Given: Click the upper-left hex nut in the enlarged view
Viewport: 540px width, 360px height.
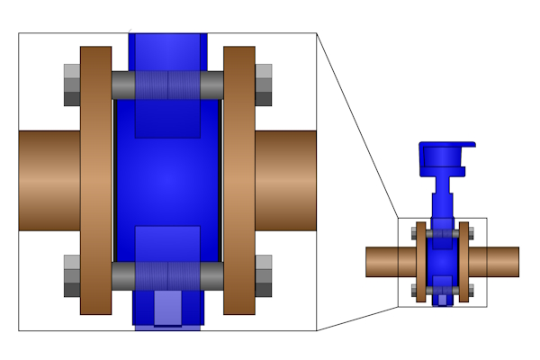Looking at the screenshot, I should (72, 85).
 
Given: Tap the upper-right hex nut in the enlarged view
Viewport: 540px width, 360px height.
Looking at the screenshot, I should (264, 85).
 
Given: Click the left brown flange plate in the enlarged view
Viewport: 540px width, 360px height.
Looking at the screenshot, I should (96, 180).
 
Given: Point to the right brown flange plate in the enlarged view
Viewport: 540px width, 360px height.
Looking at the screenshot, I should (239, 180).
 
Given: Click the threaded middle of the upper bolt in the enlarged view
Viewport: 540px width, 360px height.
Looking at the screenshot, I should (167, 85).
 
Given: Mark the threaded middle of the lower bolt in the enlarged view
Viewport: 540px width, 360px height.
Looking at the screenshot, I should (167, 275).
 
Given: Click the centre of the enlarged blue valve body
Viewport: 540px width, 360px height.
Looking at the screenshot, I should (167, 180).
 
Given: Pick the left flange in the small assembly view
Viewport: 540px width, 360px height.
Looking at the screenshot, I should (419, 262).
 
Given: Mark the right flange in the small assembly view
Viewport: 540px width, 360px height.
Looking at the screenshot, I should (464, 262).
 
